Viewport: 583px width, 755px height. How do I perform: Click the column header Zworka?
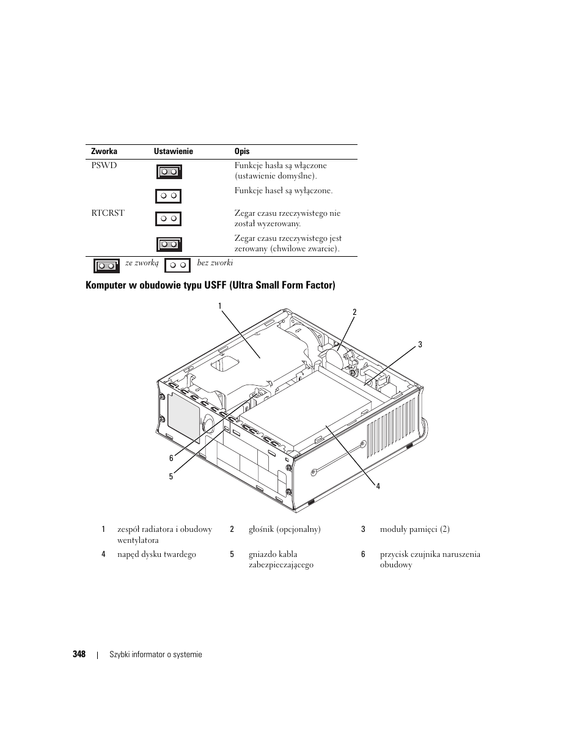pyautogui.click(x=104, y=151)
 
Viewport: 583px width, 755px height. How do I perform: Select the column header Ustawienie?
pyautogui.click(x=173, y=151)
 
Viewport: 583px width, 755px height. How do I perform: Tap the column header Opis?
pyautogui.click(x=242, y=151)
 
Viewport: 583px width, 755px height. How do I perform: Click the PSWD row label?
pyautogui.click(x=104, y=166)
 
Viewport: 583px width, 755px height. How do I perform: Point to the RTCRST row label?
pyautogui.click(x=108, y=213)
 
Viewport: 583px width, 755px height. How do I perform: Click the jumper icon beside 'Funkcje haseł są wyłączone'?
pyautogui.click(x=168, y=196)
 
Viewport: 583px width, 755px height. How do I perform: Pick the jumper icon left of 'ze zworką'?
pyautogui.click(x=106, y=266)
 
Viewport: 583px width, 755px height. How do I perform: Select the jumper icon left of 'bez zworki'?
pyautogui.click(x=178, y=265)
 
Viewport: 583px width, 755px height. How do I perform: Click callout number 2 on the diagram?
pyautogui.click(x=354, y=312)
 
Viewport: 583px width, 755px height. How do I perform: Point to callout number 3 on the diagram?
pyautogui.click(x=420, y=345)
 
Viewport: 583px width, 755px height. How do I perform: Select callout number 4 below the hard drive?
pyautogui.click(x=378, y=486)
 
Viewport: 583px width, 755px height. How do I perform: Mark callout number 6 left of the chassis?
pyautogui.click(x=172, y=458)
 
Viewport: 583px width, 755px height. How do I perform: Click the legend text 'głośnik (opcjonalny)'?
pyautogui.click(x=284, y=529)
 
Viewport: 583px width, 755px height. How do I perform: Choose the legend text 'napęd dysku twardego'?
pyautogui.click(x=156, y=554)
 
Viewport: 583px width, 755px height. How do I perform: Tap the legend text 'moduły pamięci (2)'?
pyautogui.click(x=414, y=529)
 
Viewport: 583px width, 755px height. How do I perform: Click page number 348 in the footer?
pyautogui.click(x=79, y=654)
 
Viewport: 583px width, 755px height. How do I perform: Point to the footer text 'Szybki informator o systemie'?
pyautogui.click(x=155, y=655)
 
